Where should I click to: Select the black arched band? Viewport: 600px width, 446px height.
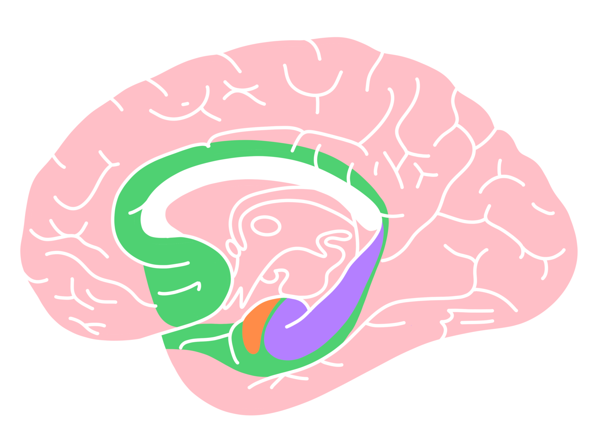pos(250,168)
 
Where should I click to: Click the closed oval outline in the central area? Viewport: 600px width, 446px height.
pos(266,226)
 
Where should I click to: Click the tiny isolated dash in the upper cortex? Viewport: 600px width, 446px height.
pos(185,104)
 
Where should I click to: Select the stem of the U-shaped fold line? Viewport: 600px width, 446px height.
pos(317,104)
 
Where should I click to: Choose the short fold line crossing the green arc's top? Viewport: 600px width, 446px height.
pos(317,157)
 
